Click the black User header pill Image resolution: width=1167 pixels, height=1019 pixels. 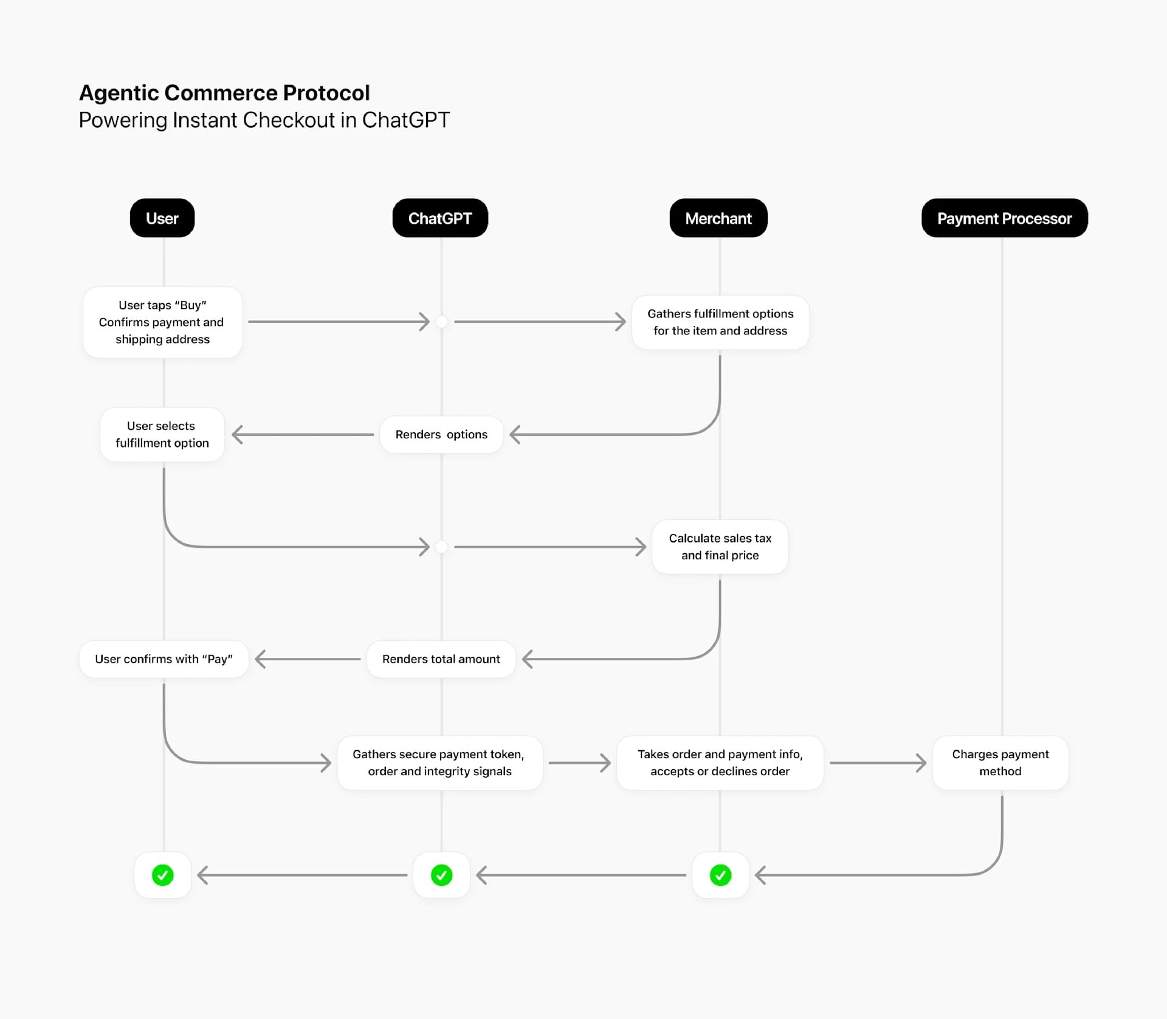click(162, 218)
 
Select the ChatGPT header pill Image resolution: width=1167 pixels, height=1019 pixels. click(440, 218)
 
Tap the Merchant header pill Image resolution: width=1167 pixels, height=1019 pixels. click(718, 218)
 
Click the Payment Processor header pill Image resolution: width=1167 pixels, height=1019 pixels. click(1004, 218)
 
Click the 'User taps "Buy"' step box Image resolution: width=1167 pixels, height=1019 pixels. click(162, 322)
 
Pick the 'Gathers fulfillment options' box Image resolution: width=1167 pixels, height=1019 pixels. click(720, 322)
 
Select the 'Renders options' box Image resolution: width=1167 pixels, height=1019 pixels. click(441, 435)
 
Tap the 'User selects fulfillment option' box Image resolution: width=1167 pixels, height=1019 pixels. click(162, 435)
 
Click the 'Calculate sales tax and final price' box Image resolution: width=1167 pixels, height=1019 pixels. click(720, 547)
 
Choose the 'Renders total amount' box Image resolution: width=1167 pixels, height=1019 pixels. click(441, 659)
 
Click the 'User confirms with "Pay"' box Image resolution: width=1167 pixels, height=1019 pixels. click(164, 659)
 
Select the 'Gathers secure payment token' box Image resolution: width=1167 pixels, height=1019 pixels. click(439, 762)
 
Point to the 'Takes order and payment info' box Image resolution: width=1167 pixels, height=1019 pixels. click(720, 762)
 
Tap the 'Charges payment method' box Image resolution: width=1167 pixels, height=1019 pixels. click(1000, 762)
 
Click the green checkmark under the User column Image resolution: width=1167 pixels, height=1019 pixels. click(163, 876)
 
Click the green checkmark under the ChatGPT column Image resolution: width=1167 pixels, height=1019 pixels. click(442, 876)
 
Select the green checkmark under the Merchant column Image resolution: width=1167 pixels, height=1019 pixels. click(721, 876)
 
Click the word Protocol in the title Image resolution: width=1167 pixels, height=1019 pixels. click(326, 93)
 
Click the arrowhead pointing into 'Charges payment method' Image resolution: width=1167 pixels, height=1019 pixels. click(921, 762)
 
